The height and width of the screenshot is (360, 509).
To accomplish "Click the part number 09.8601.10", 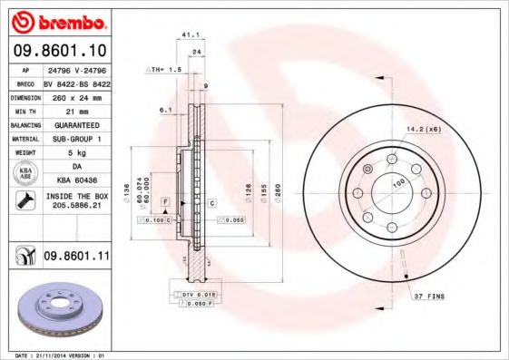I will pos(60,50).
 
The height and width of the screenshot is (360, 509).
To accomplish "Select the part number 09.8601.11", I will pos(76,258).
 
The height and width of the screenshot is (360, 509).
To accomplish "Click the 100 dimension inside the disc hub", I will pos(397,182).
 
